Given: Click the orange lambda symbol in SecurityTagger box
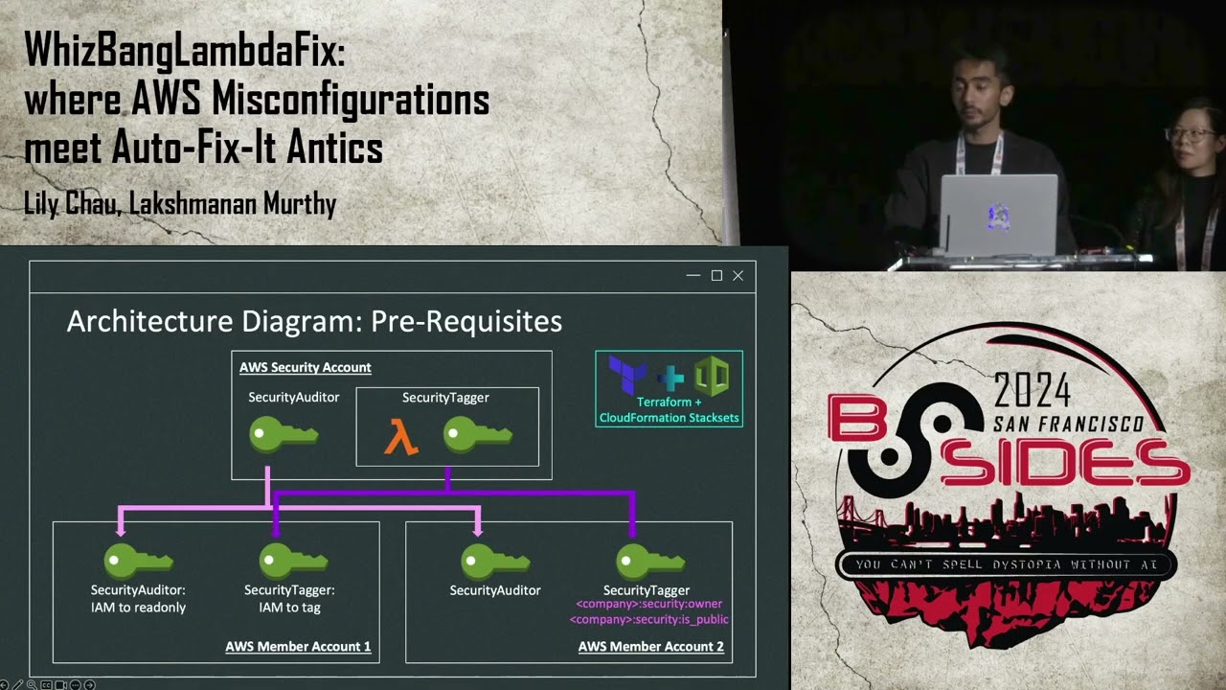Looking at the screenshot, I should click(401, 438).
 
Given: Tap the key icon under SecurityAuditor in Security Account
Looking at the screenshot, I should click(283, 434).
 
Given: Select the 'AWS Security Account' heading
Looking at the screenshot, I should click(305, 367).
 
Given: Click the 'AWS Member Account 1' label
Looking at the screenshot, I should click(298, 646).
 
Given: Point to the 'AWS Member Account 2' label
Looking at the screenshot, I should click(650, 646).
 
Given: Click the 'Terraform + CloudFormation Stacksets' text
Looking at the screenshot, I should click(669, 410).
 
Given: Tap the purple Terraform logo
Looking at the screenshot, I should click(627, 374).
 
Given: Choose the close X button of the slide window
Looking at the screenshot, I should click(738, 276).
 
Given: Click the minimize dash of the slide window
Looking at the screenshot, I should click(693, 276).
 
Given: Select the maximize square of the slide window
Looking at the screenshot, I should click(716, 276).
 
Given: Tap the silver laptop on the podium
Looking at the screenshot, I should click(998, 215).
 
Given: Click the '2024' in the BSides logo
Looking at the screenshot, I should click(1033, 390).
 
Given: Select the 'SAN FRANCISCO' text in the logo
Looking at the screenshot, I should click(1068, 424).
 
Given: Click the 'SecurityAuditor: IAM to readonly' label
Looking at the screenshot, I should click(138, 599).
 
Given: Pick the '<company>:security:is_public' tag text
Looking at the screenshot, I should click(648, 619).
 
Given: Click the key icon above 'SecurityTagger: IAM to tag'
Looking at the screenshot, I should click(293, 561).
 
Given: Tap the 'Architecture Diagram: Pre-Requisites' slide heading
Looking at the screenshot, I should click(314, 321).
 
